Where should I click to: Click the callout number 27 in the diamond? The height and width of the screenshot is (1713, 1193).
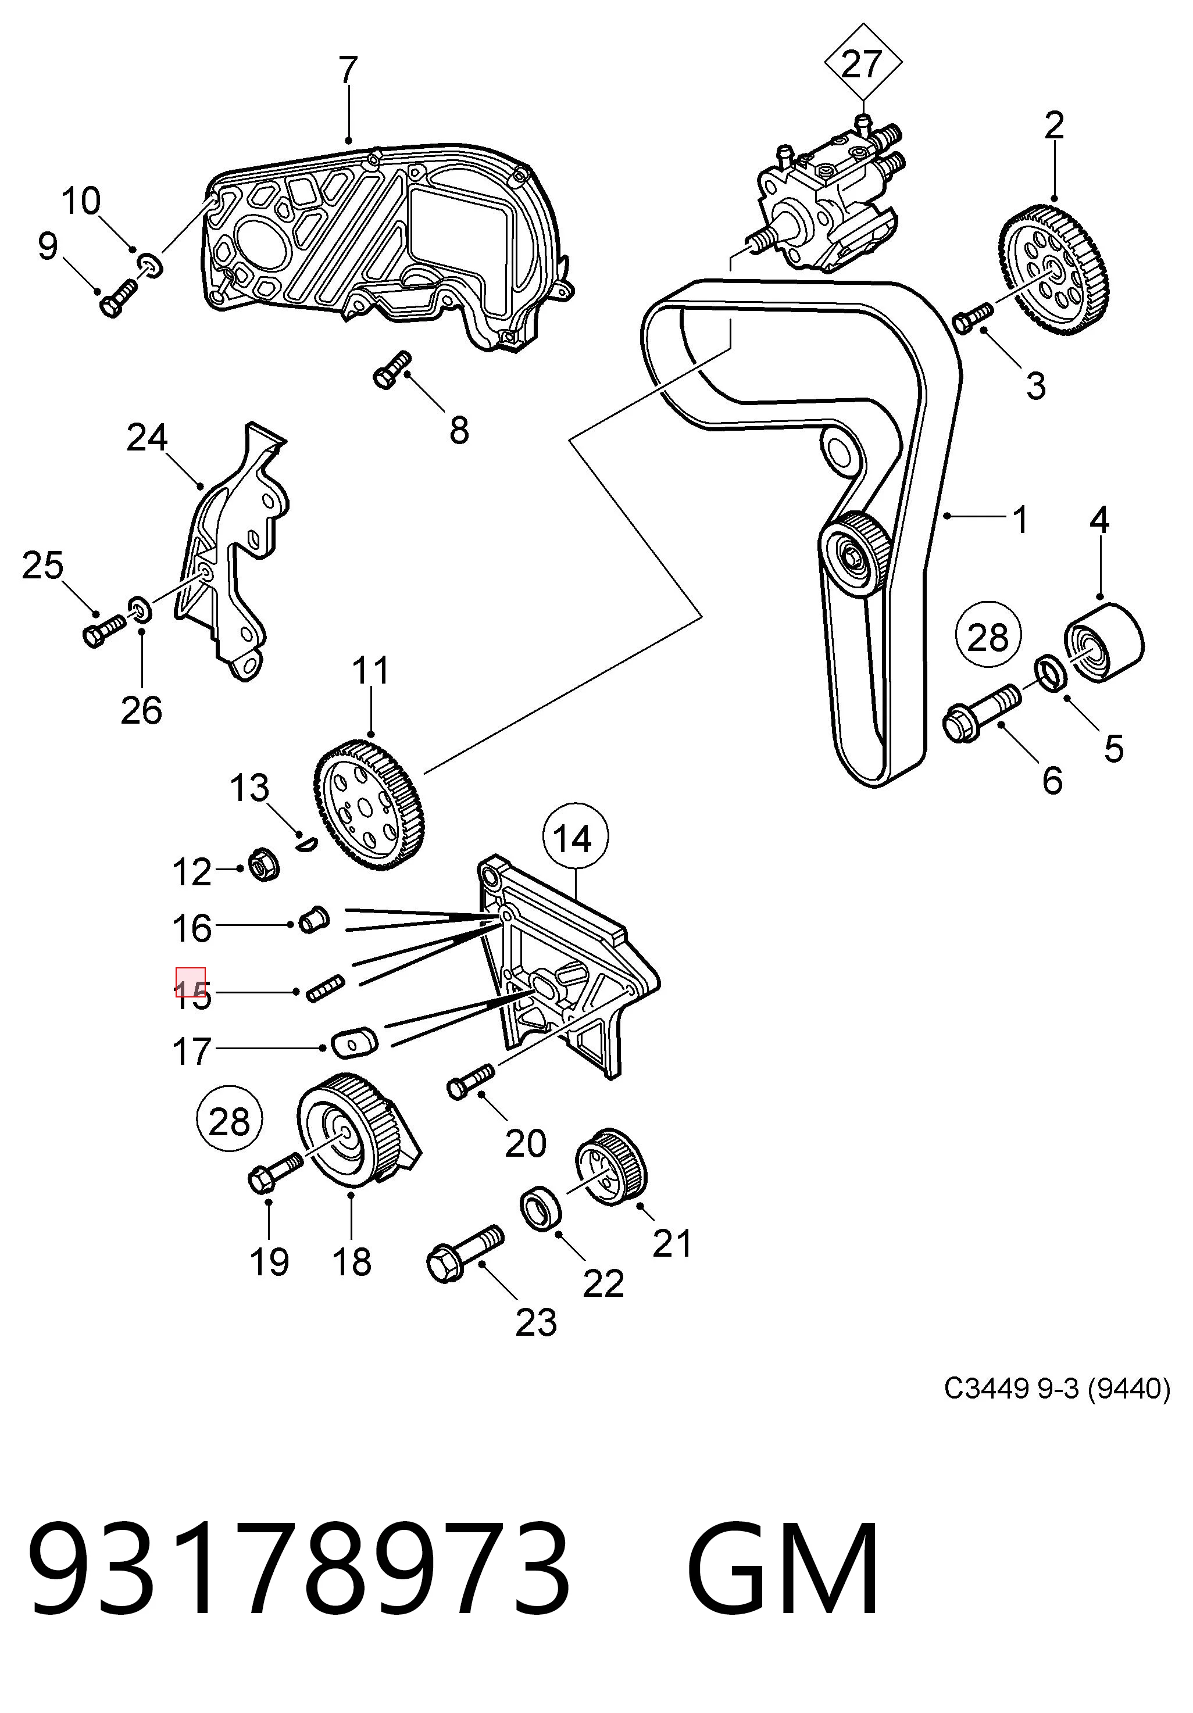click(862, 64)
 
